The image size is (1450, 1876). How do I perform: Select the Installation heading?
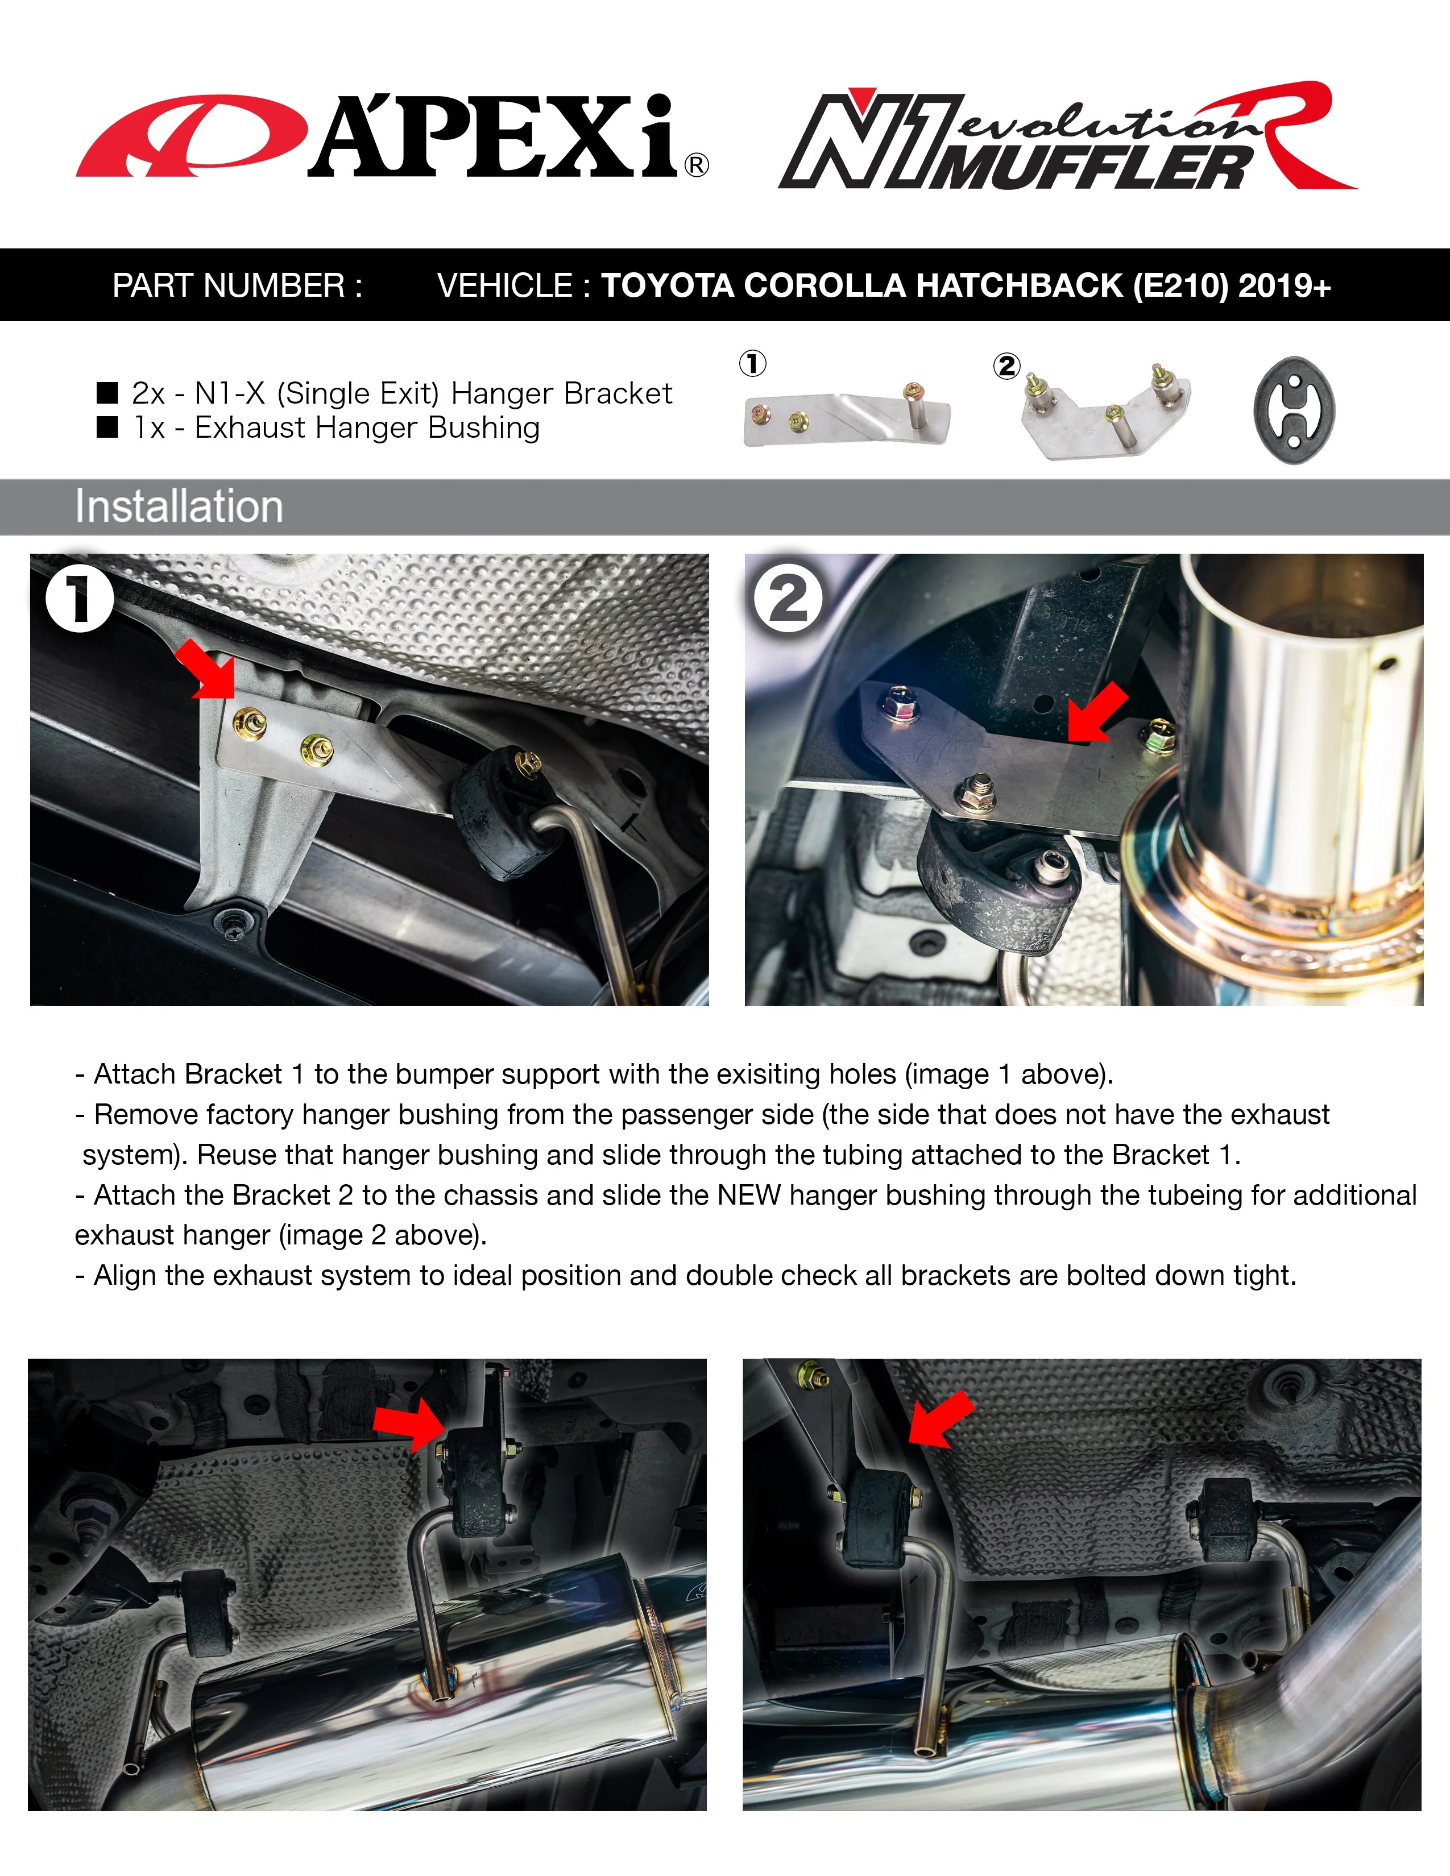point(179,507)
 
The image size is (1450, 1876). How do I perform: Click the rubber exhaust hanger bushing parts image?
point(1294,410)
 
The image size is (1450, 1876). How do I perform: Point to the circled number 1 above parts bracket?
point(752,363)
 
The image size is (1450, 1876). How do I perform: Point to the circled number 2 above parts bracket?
point(1006,367)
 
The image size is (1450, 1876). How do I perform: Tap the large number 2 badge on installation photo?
point(788,599)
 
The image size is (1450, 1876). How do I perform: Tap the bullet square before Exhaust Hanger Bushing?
point(107,427)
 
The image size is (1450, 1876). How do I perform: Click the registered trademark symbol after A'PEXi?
point(697,165)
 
